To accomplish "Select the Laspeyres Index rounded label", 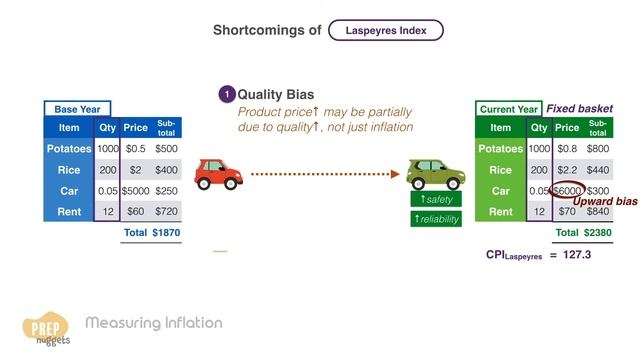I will pos(386,30).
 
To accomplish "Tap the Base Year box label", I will pos(77,109).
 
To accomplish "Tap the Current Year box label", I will pos(510,108).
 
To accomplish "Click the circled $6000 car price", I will pos(567,190).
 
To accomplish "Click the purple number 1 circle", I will pos(227,95).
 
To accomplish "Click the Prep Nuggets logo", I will pos(45,328).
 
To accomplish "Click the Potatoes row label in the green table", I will pos(501,149).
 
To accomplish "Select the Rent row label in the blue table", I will pos(68,212).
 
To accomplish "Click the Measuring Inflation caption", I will pos(154,323).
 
